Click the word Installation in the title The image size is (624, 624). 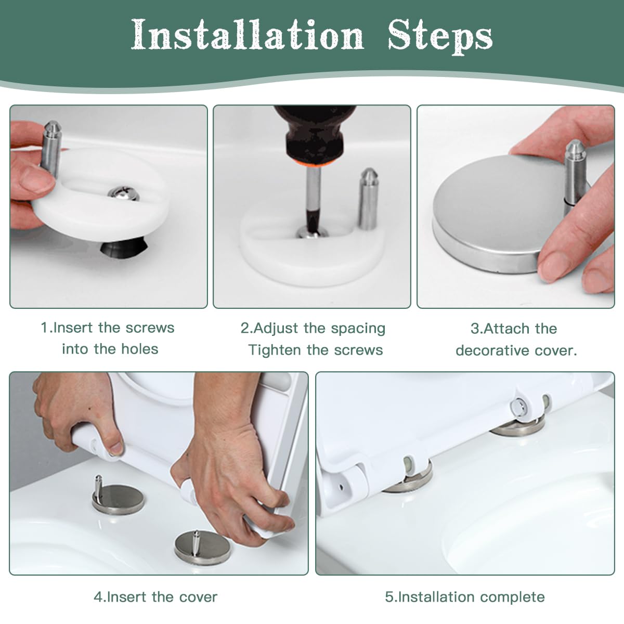[x=248, y=35]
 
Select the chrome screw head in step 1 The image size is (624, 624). [x=124, y=193]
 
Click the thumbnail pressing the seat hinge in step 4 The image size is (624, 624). [x=115, y=449]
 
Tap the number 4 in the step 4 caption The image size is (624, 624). [x=97, y=597]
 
